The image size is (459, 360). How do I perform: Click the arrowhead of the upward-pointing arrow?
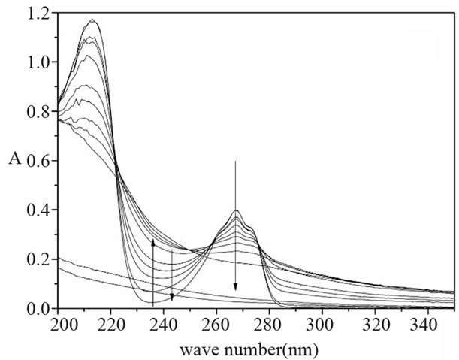pos(153,242)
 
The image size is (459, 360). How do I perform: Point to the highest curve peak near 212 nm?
pos(92,20)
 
